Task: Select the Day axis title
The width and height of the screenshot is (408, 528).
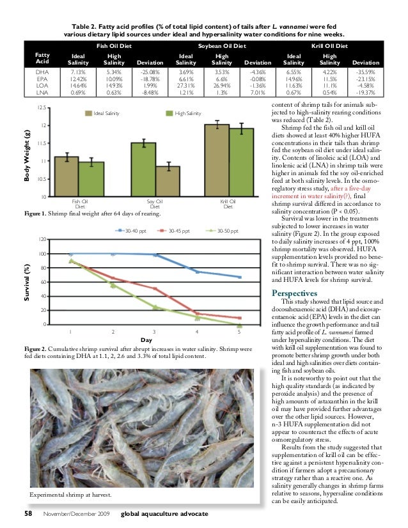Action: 154,340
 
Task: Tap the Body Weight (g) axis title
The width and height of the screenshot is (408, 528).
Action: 27,153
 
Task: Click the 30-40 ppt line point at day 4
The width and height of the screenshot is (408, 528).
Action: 197,272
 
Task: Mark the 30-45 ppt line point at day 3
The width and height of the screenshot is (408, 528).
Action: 155,289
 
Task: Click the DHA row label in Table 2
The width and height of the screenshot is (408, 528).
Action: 42,73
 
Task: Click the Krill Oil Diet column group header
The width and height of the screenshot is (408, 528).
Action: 329,46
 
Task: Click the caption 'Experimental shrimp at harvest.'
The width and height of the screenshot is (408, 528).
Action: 70,495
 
